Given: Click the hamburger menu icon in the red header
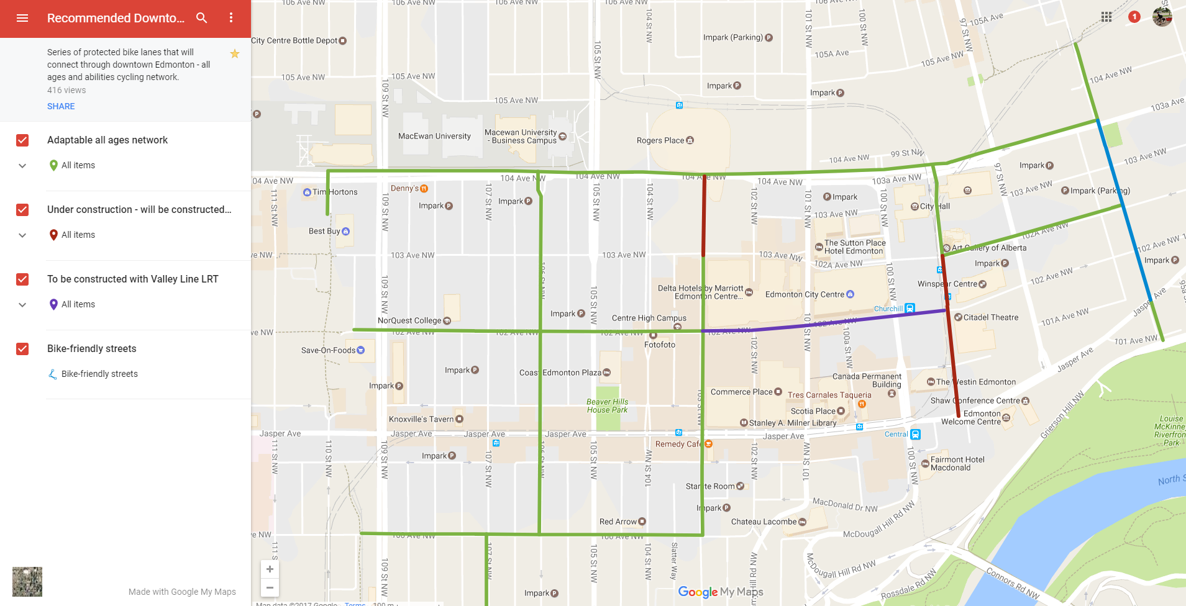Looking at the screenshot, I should pyautogui.click(x=22, y=18).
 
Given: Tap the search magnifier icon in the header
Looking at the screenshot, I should pyautogui.click(x=202, y=18).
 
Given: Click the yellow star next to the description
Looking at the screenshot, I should pyautogui.click(x=235, y=54).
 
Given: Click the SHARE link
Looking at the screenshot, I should pyautogui.click(x=61, y=106).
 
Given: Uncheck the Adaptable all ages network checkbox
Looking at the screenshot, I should pyautogui.click(x=22, y=140).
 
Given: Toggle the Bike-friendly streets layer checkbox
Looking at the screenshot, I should pyautogui.click(x=22, y=349).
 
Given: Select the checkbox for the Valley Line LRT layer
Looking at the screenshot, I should pyautogui.click(x=22, y=279).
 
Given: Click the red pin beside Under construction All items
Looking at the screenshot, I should pyautogui.click(x=53, y=235).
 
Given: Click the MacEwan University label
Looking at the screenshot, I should pyautogui.click(x=434, y=136).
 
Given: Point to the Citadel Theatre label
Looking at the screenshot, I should pyautogui.click(x=990, y=317).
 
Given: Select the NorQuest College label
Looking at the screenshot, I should pyautogui.click(x=409, y=320).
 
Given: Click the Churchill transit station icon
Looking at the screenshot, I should pyautogui.click(x=910, y=308).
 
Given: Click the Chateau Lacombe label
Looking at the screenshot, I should pyautogui.click(x=764, y=522).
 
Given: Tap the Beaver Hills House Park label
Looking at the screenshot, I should pyautogui.click(x=607, y=406).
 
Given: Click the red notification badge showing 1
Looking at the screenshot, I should pyautogui.click(x=1134, y=17).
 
